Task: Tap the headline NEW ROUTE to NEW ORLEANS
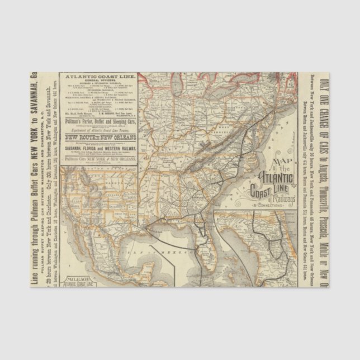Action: point(98,136)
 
